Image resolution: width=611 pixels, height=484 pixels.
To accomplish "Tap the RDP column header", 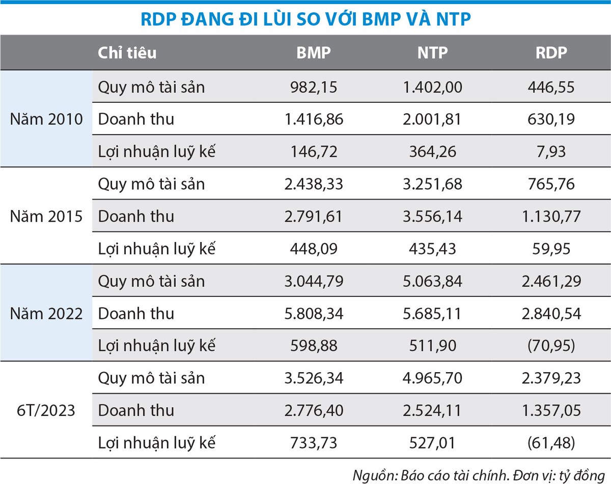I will [x=551, y=53].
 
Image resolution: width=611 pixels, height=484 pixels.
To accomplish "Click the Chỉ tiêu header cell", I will [x=127, y=53].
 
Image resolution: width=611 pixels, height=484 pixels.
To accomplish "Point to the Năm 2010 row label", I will [x=46, y=119].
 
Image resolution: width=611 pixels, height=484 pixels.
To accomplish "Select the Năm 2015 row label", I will [x=46, y=217].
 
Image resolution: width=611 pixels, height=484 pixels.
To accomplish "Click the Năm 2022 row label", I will [x=46, y=313].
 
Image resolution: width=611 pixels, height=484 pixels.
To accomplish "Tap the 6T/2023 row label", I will [x=46, y=410].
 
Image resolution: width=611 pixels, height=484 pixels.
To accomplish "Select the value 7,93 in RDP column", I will [x=551, y=152].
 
